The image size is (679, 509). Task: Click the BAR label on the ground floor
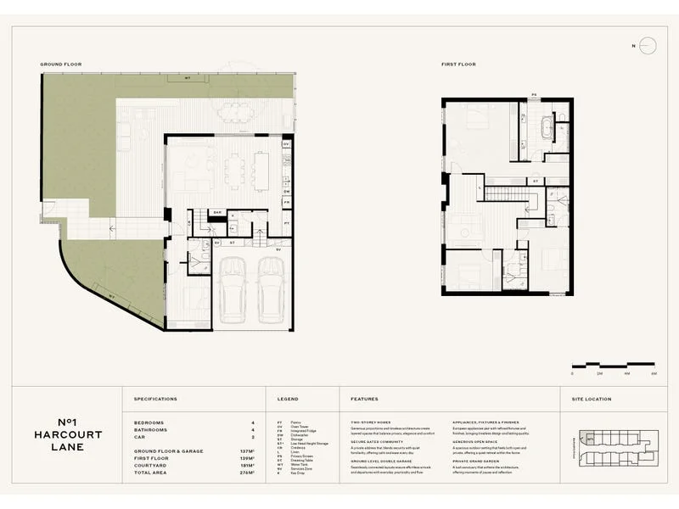(217, 212)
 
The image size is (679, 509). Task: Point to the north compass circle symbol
(648, 46)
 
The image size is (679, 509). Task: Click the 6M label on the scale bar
(654, 373)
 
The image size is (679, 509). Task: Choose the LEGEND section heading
(288, 399)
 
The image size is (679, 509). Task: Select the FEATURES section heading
(364, 399)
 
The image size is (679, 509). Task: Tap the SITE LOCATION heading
(591, 399)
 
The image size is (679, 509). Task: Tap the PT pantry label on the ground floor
(287, 223)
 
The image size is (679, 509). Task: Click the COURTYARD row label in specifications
(151, 466)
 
